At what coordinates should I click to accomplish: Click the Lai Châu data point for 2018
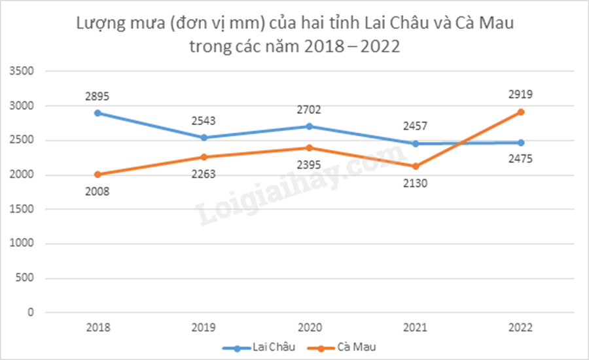[97, 113]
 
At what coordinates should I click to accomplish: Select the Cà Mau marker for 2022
[521, 112]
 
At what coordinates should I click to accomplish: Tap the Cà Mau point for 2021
[415, 166]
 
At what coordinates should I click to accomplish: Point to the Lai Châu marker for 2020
[309, 126]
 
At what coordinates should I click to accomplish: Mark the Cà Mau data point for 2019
[203, 157]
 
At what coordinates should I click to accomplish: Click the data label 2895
[97, 96]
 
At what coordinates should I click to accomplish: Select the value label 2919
[520, 94]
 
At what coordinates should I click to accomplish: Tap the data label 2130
[415, 183]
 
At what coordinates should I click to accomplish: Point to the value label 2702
[309, 110]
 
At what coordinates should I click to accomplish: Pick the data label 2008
[97, 191]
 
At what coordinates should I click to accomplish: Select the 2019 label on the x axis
[203, 327]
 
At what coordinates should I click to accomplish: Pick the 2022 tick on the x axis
[521, 327]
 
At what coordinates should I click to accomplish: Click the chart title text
[294, 36]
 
